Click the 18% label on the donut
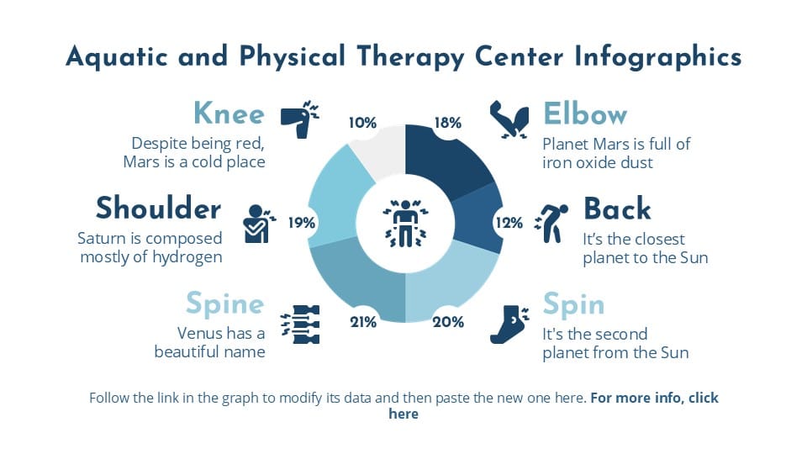447,123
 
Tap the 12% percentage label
509,223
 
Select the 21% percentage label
362,321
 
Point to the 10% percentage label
362,123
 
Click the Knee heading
229,113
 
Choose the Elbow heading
586,113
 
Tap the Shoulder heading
158,208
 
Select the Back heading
617,209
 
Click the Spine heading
224,303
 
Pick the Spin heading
574,303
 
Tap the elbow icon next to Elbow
509,119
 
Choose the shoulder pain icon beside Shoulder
257,223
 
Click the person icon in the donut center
405,223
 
